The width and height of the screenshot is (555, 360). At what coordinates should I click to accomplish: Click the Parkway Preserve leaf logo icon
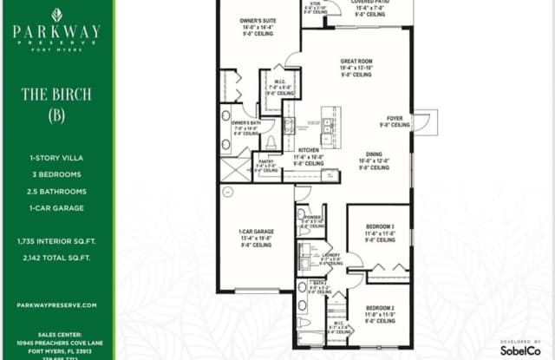tap(56, 15)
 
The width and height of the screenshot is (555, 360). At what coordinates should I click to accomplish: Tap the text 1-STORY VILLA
tap(56, 158)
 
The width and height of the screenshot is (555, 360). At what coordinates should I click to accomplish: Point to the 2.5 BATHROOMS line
tap(56, 191)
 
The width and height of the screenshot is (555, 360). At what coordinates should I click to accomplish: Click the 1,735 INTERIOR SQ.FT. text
tap(56, 239)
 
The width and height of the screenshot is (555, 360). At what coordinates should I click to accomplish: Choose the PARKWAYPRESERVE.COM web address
tap(56, 305)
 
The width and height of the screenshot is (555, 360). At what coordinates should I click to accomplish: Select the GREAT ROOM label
tap(356, 62)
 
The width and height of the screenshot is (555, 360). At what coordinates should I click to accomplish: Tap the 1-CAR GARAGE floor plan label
tap(256, 232)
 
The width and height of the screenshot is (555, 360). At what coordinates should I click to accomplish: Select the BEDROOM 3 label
tap(380, 227)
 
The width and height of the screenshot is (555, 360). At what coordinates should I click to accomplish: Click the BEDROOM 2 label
tap(380, 308)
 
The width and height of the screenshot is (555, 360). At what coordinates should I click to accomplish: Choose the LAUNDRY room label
tap(330, 258)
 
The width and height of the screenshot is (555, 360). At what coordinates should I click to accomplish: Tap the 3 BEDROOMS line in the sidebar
tap(56, 174)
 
